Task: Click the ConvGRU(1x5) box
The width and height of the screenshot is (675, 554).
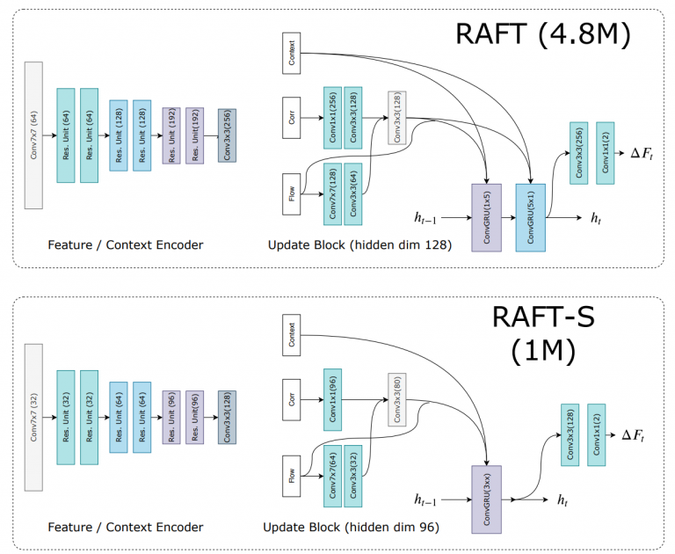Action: tap(486, 217)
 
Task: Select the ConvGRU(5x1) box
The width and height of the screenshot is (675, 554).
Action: tap(531, 217)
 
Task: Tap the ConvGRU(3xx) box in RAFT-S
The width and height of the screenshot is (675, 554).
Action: tap(486, 499)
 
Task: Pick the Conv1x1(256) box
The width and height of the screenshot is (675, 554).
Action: tap(333, 118)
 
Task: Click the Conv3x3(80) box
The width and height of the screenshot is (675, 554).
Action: tap(397, 400)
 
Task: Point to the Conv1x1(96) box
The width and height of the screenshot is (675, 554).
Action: tap(333, 400)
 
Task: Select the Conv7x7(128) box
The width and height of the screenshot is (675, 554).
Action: tap(333, 194)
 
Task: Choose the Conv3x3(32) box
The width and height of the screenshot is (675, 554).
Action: tap(353, 476)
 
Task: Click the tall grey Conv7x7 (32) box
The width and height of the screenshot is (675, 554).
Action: tap(33, 417)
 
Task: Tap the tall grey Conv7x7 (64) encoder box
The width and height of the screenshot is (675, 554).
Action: tap(33, 135)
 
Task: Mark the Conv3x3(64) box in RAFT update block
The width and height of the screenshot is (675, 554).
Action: tap(353, 194)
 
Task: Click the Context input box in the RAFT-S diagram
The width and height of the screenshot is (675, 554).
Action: tap(292, 335)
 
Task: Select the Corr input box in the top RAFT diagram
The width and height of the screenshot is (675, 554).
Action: tap(292, 118)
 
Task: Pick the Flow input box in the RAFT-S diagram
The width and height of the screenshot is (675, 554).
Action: tap(292, 476)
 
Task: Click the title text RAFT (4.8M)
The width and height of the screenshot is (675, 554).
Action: tap(543, 34)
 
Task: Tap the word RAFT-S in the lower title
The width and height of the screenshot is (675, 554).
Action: tap(543, 317)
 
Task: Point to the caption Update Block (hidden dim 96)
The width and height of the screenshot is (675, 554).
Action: tap(351, 527)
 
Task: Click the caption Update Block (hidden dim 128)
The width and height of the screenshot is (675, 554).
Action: tap(359, 244)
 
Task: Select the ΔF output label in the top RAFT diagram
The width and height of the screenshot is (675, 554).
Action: tap(642, 153)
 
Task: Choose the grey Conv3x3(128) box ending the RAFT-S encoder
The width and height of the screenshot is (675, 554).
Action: tap(227, 417)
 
